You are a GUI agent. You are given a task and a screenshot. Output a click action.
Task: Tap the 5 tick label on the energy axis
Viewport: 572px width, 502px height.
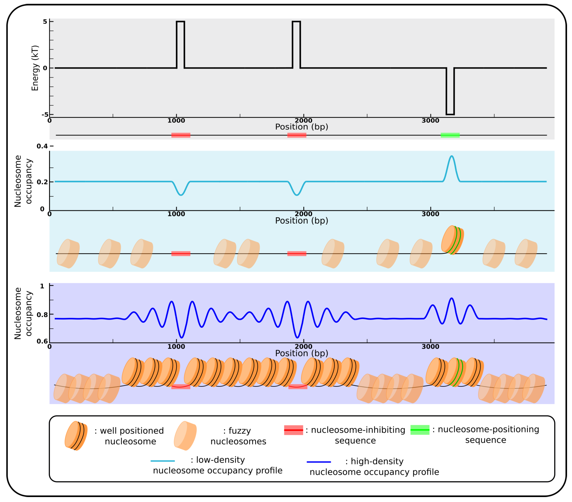(45, 22)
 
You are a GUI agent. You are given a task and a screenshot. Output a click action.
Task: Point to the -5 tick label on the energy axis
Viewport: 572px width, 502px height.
(45, 114)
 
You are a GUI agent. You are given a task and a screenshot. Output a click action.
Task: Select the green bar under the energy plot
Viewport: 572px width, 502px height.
(450, 135)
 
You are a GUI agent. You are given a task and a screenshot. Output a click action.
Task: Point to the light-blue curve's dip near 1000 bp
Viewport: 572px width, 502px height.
(181, 195)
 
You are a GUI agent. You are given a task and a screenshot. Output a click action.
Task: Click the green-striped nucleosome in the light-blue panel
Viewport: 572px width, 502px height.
(452, 240)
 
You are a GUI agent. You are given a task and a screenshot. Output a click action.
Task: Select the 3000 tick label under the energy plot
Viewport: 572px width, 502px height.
(430, 121)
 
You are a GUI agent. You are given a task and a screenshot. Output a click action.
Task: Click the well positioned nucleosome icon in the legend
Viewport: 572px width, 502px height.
(76, 436)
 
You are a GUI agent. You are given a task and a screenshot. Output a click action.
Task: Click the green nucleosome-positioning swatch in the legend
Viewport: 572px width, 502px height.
(420, 430)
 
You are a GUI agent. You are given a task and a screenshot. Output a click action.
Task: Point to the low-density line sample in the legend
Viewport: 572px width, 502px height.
(163, 461)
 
